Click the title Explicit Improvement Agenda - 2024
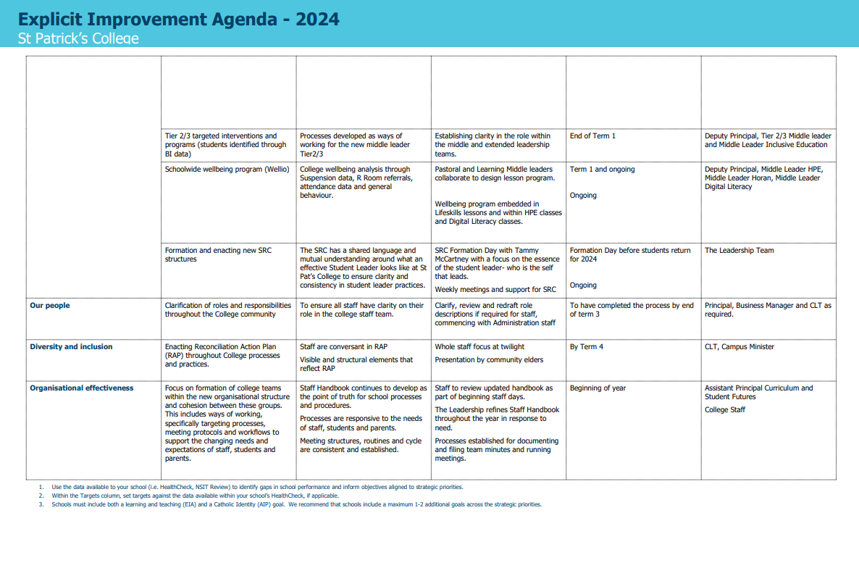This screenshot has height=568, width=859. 179,19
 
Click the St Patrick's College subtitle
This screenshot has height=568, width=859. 78,38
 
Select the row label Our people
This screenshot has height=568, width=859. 50,306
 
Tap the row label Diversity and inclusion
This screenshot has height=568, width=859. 71,347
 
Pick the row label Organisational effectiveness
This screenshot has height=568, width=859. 82,388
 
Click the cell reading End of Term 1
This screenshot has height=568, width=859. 592,136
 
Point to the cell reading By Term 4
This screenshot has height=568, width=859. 587,347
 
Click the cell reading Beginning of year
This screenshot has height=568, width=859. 598,388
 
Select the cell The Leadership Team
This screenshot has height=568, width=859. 739,251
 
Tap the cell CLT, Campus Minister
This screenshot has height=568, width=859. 739,347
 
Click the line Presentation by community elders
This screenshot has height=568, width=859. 489,360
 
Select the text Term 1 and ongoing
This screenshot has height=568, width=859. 602,170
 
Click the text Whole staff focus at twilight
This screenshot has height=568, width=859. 479,347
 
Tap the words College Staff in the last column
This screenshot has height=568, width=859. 725,410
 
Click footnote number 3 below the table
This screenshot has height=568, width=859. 41,505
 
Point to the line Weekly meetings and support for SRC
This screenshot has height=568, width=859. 495,290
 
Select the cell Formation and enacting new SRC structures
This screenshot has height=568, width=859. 218,255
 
